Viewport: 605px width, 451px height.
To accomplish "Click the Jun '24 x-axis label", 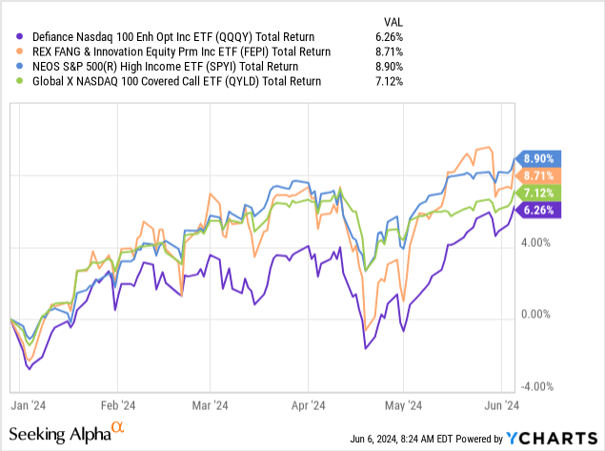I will pyautogui.click(x=504, y=403).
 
